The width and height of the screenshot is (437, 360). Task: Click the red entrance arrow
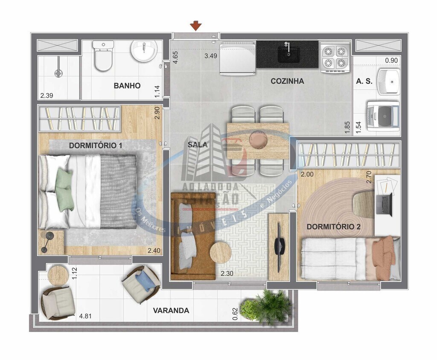coord(196,26)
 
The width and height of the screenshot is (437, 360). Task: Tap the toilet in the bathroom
coord(103,56)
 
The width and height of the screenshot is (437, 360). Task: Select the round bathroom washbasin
coord(144,51)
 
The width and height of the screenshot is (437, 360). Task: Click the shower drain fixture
coord(58,73)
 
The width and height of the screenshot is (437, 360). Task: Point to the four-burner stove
coord(335,57)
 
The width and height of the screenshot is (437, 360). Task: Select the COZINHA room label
coord(287,81)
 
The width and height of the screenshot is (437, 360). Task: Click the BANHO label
coord(127,86)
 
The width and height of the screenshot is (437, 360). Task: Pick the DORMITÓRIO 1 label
coord(96,145)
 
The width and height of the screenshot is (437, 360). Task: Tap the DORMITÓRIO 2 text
coord(334,226)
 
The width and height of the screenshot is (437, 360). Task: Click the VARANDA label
coord(171,311)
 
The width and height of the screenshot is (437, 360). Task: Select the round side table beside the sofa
coord(221,253)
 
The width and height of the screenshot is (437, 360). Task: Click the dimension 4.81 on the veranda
coord(85,316)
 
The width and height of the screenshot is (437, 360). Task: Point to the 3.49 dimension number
coord(211,56)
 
